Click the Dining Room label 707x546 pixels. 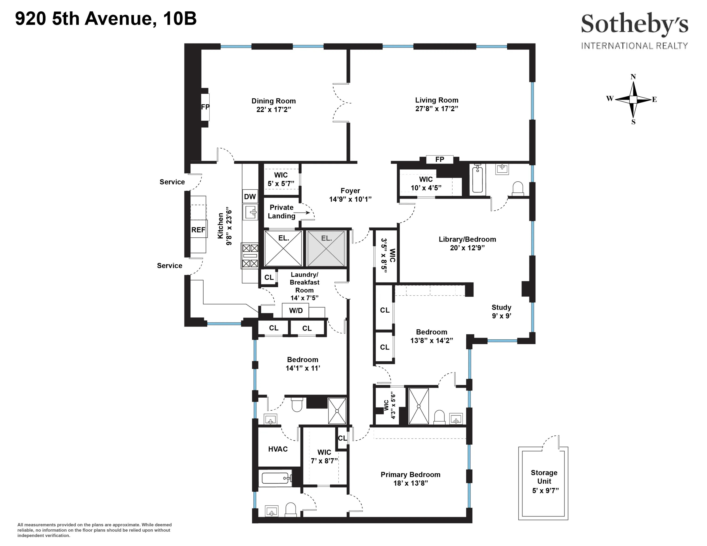click(274, 101)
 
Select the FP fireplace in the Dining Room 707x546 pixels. click(205, 107)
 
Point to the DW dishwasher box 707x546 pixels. click(250, 196)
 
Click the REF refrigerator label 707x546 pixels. click(198, 230)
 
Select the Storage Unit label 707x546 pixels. click(544, 477)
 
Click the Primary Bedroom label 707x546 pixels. click(410, 475)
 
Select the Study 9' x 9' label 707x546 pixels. click(501, 311)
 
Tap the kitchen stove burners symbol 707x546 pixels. click(250, 256)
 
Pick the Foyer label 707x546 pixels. click(350, 191)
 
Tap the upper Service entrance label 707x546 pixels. click(172, 182)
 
